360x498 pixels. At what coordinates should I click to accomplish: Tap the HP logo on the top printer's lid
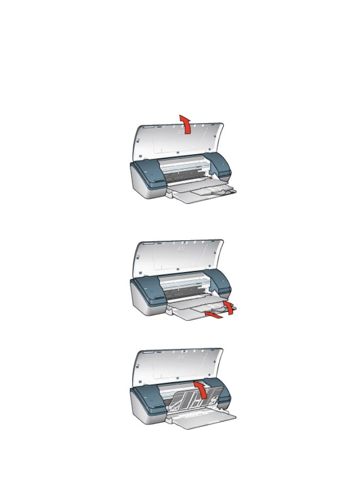[180, 131]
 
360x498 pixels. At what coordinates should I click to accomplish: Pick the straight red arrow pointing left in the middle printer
[214, 314]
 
